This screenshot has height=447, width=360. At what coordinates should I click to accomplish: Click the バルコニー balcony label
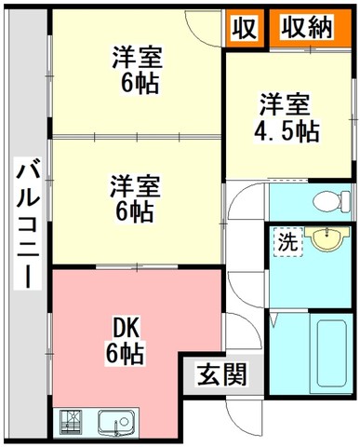click(28, 227)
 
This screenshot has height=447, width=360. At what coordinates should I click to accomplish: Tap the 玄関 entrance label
click(222, 374)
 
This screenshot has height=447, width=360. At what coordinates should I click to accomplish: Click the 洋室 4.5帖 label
click(286, 119)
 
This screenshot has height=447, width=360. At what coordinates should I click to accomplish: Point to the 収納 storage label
click(307, 27)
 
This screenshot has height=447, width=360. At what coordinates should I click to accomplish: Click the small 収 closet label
click(245, 28)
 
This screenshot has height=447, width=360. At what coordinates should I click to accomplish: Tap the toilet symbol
click(331, 201)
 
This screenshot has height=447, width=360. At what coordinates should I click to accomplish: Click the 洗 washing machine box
click(288, 242)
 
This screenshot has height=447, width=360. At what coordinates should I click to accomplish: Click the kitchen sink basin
click(118, 423)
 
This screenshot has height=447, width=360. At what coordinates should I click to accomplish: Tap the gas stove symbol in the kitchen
click(71, 423)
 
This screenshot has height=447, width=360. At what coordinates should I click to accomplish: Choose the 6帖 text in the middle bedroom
click(134, 211)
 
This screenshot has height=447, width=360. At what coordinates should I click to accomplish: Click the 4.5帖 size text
click(287, 131)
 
